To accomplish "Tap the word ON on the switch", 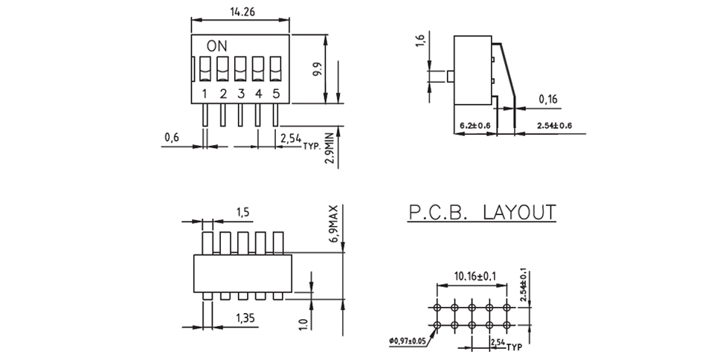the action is [216, 46].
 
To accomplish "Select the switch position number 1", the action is [205, 94].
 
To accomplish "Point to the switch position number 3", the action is [241, 94].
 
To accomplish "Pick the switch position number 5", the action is [276, 94].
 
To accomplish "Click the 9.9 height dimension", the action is [318, 70].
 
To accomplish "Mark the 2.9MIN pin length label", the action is [330, 147].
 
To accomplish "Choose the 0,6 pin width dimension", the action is [172, 137].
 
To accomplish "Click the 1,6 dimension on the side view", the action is [420, 40].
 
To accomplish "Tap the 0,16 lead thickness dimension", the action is [548, 99].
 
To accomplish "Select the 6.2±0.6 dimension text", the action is [475, 125].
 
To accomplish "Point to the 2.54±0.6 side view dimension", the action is [554, 125].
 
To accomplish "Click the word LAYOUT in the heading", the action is [520, 212].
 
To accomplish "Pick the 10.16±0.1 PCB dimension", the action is [475, 276].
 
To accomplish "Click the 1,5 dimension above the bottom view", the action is [242, 212].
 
